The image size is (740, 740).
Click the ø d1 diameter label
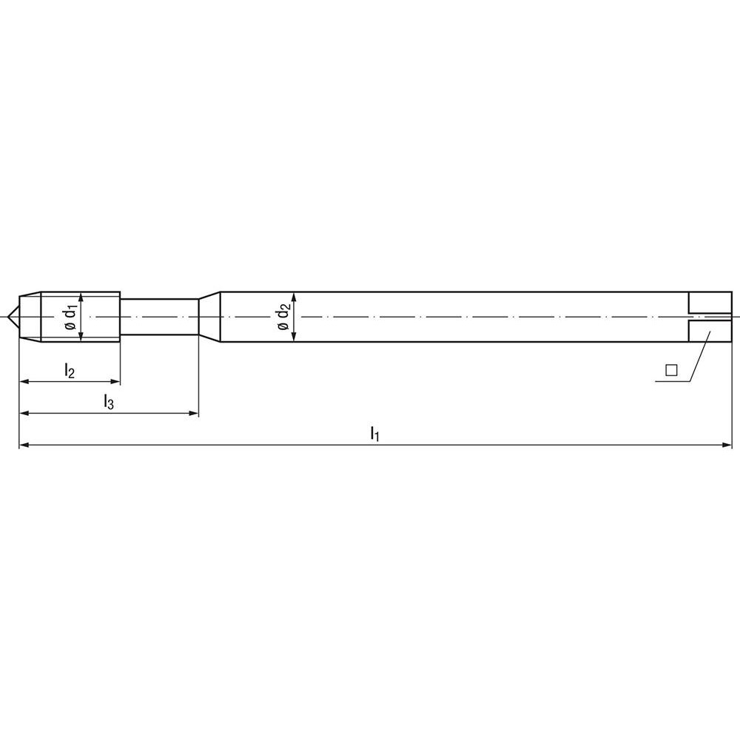70,316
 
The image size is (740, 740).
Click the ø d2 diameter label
283,317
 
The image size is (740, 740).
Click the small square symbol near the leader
671,370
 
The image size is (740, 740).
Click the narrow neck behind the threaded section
159,317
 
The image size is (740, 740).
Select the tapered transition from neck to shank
209,317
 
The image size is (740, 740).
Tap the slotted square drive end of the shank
710,317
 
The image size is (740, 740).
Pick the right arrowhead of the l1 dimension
726,445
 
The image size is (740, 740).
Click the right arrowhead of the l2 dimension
115,382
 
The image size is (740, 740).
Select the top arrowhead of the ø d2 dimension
295,297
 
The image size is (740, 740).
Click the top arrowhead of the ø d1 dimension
81,298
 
